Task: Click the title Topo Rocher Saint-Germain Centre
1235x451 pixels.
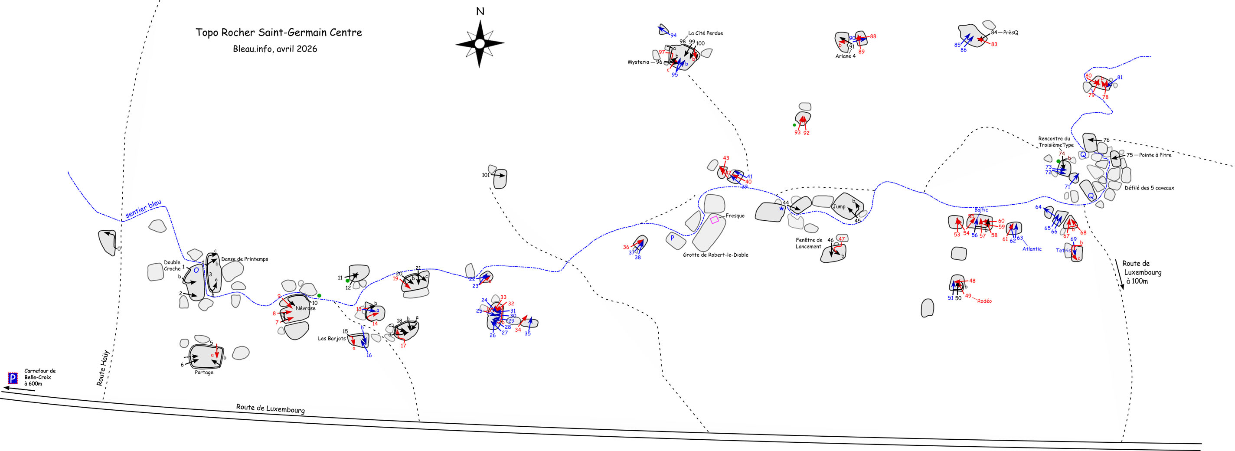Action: coord(278,33)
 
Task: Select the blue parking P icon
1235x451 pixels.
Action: coord(13,379)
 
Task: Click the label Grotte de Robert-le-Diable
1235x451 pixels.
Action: coord(716,255)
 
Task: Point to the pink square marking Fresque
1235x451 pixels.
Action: coord(714,219)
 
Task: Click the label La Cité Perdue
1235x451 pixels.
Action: coord(705,33)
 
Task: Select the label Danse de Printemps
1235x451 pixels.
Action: coord(245,259)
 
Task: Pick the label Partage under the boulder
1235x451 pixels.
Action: coord(204,373)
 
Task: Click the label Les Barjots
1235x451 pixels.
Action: coord(332,338)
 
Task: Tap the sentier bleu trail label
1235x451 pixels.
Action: coord(144,209)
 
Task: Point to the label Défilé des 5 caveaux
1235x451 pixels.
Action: coord(1149,188)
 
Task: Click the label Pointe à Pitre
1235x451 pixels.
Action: coord(1155,155)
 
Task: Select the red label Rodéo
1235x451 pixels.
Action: coord(984,301)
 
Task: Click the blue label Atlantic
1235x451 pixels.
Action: coord(1032,249)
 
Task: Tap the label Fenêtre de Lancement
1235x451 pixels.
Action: coord(809,243)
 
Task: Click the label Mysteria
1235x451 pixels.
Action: coord(638,62)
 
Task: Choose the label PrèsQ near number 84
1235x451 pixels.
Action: coord(1011,33)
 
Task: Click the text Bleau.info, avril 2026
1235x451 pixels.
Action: coord(275,49)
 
